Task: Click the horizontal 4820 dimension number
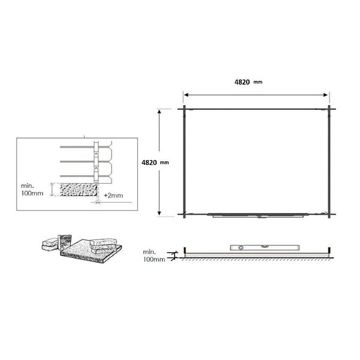(242, 82)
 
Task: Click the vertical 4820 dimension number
(149, 163)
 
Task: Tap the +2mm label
(113, 196)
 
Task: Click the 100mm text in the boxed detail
(32, 193)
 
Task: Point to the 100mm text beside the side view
(154, 259)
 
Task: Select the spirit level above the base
(265, 247)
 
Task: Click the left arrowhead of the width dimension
(186, 95)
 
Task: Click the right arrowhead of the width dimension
(325, 95)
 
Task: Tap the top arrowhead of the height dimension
(160, 112)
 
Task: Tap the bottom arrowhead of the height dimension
(160, 213)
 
